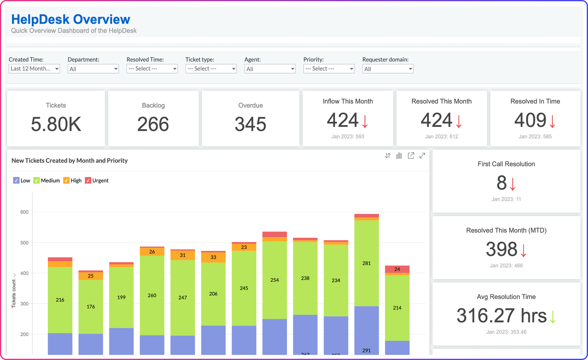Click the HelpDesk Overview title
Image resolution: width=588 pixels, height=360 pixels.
coord(71,19)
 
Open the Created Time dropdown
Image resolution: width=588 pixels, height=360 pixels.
coord(34,69)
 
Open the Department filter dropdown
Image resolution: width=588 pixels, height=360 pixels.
coord(93,69)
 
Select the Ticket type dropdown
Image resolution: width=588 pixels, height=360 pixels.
coord(211,69)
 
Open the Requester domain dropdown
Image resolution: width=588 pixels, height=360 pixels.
coord(388,69)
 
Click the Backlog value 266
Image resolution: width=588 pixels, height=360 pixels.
coord(153,124)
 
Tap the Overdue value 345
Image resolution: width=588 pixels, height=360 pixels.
coord(251,124)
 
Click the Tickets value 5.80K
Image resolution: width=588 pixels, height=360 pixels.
coord(56,124)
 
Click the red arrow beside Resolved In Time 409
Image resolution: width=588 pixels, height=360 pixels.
coord(552,121)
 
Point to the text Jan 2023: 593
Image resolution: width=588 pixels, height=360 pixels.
coord(348,137)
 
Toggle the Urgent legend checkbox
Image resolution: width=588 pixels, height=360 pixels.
coord(88,181)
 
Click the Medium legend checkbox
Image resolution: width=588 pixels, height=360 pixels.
coord(37,181)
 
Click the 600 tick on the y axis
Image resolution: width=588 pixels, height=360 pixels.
coord(24,212)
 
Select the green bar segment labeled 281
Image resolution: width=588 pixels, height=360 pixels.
coord(367,263)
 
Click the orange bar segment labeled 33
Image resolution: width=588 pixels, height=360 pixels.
coord(213,257)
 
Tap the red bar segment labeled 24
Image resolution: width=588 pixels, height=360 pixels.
coord(397,269)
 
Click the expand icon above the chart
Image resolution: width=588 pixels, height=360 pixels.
coord(422,156)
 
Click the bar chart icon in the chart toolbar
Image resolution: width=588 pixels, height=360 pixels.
coord(399,156)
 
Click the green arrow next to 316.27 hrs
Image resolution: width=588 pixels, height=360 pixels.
coord(553,317)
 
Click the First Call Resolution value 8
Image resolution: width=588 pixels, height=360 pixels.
coord(502,183)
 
